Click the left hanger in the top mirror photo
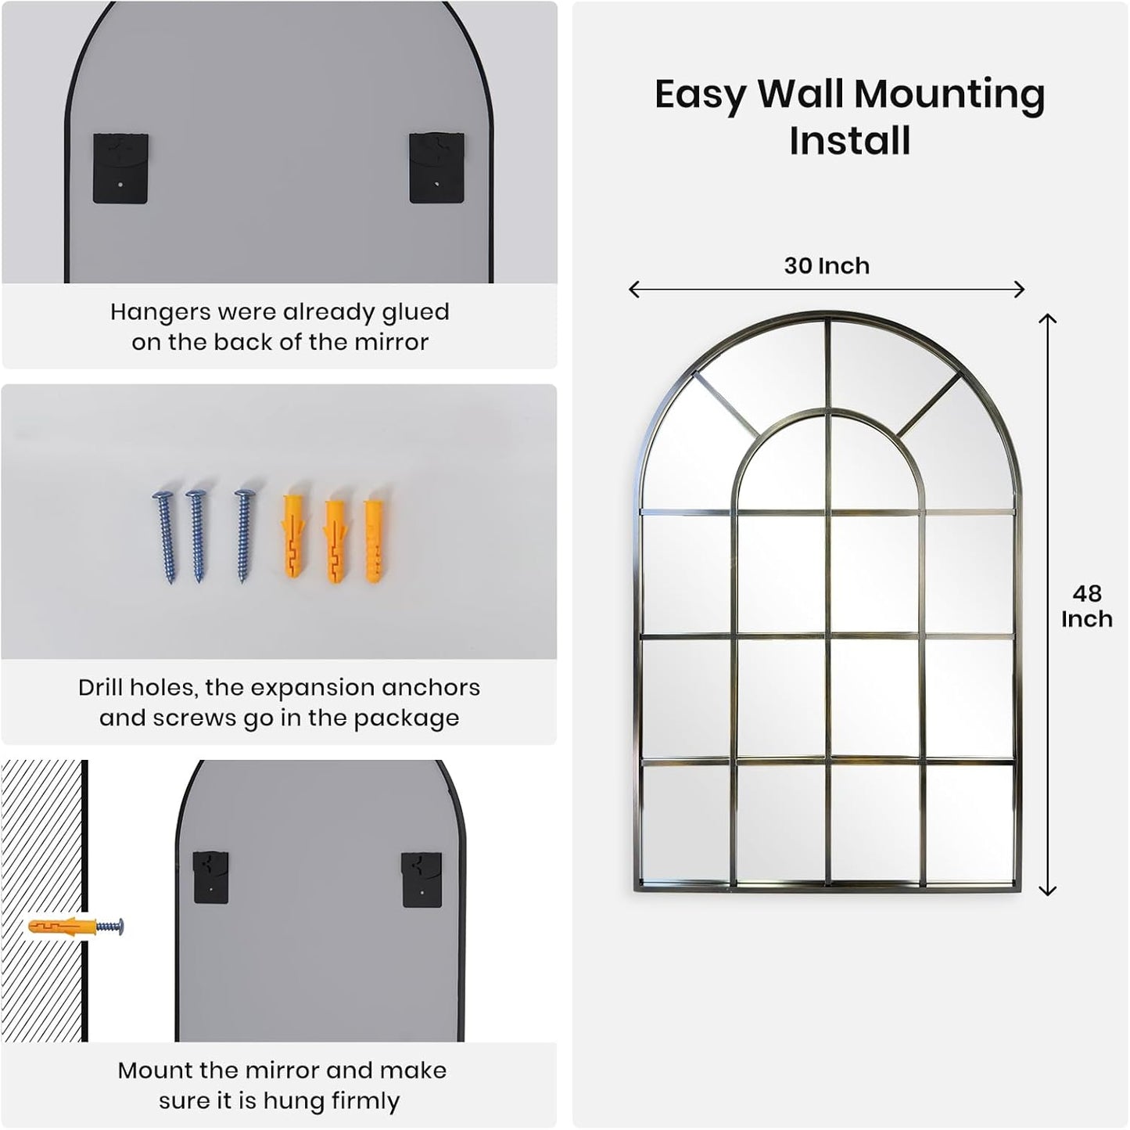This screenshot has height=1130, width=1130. [x=120, y=168]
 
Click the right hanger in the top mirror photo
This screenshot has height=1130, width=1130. [x=436, y=167]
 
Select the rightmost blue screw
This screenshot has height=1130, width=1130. [x=245, y=536]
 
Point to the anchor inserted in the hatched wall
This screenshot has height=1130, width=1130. [x=63, y=927]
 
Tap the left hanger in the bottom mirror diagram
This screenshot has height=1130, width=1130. [x=210, y=876]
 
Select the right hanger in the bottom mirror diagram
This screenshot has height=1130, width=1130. [x=422, y=880]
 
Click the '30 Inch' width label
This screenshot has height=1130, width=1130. [x=827, y=266]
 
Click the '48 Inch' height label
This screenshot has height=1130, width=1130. [x=1086, y=606]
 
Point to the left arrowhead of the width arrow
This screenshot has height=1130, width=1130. [x=633, y=290]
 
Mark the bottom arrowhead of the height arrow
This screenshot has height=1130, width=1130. [x=1047, y=891]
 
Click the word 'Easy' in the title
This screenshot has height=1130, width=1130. [x=700, y=95]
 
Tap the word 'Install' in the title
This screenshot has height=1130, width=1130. [x=850, y=142]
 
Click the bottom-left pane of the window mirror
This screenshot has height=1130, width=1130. [x=686, y=823]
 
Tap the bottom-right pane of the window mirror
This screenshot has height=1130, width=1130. [x=970, y=823]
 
